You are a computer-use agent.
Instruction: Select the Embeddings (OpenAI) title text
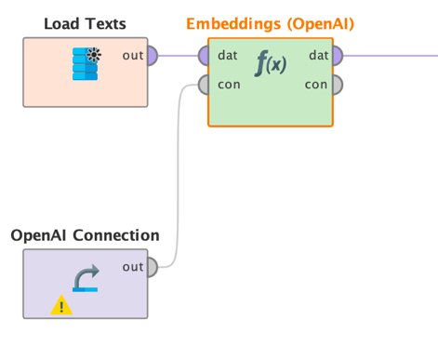click(x=270, y=22)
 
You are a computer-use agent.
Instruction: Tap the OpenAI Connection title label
click(x=85, y=235)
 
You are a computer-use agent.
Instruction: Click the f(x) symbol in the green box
click(x=271, y=67)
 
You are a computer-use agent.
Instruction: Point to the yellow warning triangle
click(x=60, y=304)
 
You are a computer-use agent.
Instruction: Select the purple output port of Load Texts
click(x=152, y=56)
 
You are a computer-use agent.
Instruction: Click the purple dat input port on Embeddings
click(x=204, y=56)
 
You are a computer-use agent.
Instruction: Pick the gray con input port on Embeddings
click(x=204, y=85)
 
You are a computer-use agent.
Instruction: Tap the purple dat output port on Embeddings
click(x=337, y=56)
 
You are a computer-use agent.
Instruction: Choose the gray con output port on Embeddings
click(x=337, y=85)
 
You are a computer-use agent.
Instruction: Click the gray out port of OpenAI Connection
click(x=152, y=267)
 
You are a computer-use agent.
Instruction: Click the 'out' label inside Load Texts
click(x=132, y=56)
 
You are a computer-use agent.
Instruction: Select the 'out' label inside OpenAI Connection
click(x=132, y=267)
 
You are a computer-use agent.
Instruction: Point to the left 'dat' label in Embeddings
click(x=226, y=56)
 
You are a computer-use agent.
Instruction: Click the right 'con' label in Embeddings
click(x=316, y=85)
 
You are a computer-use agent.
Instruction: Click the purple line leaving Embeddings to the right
click(x=391, y=56)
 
